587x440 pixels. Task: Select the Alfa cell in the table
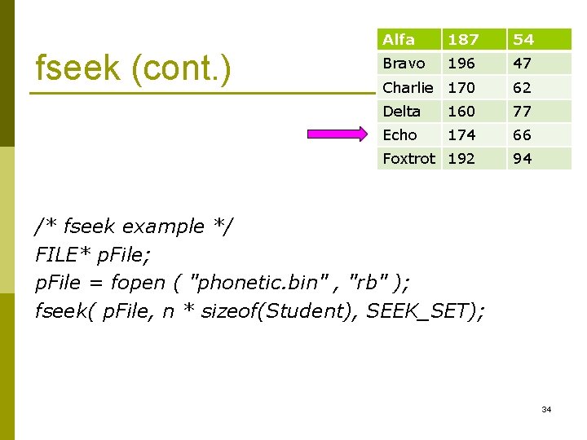click(x=399, y=40)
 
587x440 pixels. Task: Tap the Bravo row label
click(x=404, y=64)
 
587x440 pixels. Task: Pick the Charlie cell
click(x=408, y=87)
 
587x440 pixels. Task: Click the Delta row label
click(x=401, y=112)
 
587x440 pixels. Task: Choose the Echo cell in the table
click(x=399, y=135)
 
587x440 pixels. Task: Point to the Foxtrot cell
click(x=408, y=159)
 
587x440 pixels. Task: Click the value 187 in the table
click(x=462, y=40)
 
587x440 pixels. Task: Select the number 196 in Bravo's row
click(x=461, y=64)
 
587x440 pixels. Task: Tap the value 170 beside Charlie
click(x=461, y=87)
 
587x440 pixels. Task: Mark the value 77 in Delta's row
click(x=523, y=112)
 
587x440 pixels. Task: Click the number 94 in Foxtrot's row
click(x=523, y=159)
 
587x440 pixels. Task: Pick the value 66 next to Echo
click(x=523, y=135)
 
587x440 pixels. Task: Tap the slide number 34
click(x=546, y=409)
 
